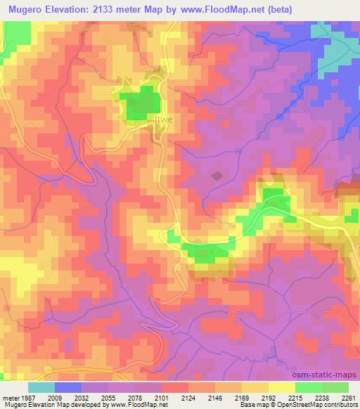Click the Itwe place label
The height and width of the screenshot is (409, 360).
(x=162, y=121)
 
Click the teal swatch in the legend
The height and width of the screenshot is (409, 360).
(x=41, y=388)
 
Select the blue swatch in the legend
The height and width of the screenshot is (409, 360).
(x=68, y=388)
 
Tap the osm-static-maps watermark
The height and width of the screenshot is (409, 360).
(x=330, y=376)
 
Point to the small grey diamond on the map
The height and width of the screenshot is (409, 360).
(x=217, y=175)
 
